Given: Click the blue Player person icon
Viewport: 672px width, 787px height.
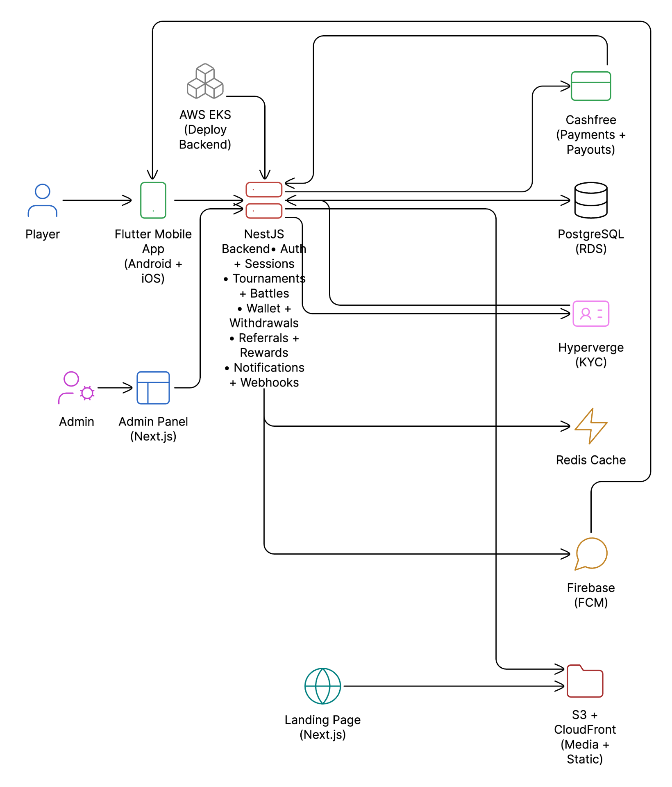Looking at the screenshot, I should [42, 200].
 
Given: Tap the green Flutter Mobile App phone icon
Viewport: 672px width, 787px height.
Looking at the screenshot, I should [153, 200].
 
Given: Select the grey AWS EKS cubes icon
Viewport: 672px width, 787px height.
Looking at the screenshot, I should [205, 81].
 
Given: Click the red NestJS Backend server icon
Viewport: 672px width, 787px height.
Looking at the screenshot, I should [264, 200].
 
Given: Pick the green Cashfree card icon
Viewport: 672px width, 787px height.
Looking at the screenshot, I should [590, 86].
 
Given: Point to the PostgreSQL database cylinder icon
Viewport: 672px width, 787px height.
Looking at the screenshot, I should [590, 200].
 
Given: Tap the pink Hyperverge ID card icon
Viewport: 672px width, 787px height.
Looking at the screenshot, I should [590, 314].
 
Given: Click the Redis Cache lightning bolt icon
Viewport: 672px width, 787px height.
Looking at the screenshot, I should [590, 426].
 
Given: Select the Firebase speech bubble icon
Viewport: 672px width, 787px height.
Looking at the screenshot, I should [590, 554].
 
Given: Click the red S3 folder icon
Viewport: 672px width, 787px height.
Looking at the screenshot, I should [585, 681].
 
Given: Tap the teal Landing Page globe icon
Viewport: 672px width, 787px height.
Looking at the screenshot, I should [322, 686].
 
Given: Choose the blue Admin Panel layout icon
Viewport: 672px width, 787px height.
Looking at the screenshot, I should [153, 388].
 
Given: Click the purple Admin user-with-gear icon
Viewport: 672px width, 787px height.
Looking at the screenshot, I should [76, 388].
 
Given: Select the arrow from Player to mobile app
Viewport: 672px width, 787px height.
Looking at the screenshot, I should [98, 200].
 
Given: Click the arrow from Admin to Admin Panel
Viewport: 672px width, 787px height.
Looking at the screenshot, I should [115, 388].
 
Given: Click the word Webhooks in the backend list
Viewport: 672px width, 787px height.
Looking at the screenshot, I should [269, 382].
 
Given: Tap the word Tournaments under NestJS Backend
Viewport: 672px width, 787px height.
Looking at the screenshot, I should [269, 279].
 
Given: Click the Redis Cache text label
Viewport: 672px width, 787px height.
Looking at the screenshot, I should [590, 460].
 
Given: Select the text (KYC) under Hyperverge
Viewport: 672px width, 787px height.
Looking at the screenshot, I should [590, 362].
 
